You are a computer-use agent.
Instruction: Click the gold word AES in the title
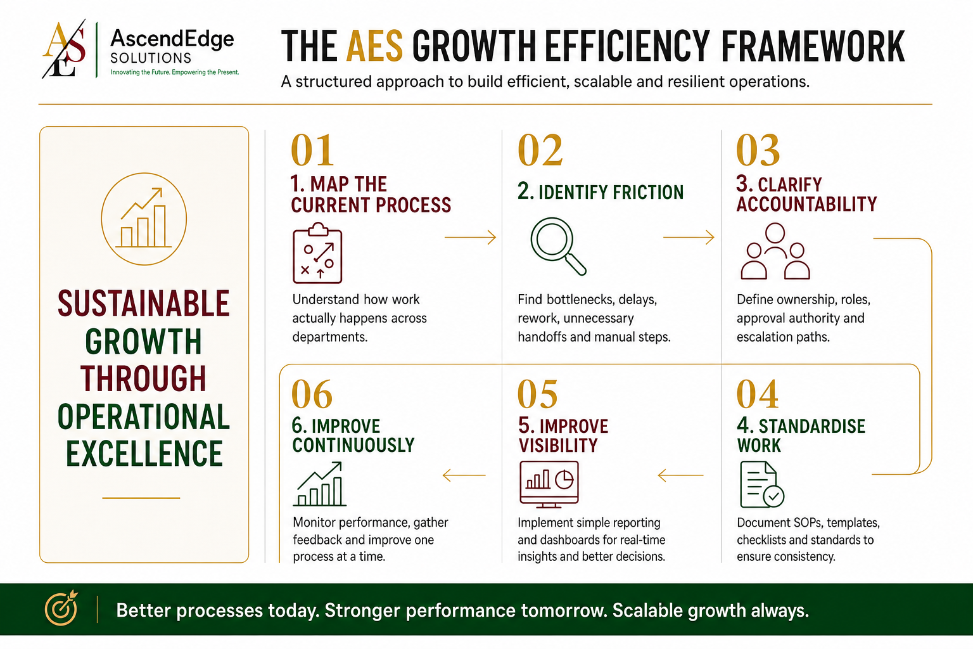(x=375, y=46)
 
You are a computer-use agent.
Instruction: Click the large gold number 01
(x=312, y=150)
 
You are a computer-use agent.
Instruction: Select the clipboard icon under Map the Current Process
(x=317, y=253)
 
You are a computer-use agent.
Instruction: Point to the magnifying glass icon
(x=558, y=246)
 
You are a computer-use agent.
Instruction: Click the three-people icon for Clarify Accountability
(x=775, y=251)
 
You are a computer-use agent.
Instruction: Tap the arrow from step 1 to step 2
(x=471, y=237)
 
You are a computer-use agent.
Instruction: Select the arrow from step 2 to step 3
(x=689, y=237)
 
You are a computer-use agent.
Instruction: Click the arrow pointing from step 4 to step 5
(x=681, y=475)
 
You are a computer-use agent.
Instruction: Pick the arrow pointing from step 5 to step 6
(x=464, y=475)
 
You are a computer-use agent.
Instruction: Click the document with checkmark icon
(x=762, y=484)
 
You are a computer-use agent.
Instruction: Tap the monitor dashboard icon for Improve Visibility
(x=549, y=484)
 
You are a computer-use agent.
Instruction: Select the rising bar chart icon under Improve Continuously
(x=320, y=484)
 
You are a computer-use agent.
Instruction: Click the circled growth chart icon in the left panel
(x=144, y=219)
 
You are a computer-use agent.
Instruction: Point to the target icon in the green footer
(x=61, y=608)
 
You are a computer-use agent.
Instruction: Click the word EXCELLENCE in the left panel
(x=144, y=453)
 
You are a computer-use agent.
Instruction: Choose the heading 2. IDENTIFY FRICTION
(x=601, y=191)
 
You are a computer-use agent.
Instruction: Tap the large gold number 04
(x=757, y=394)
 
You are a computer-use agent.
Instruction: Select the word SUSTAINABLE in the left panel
(x=144, y=304)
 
